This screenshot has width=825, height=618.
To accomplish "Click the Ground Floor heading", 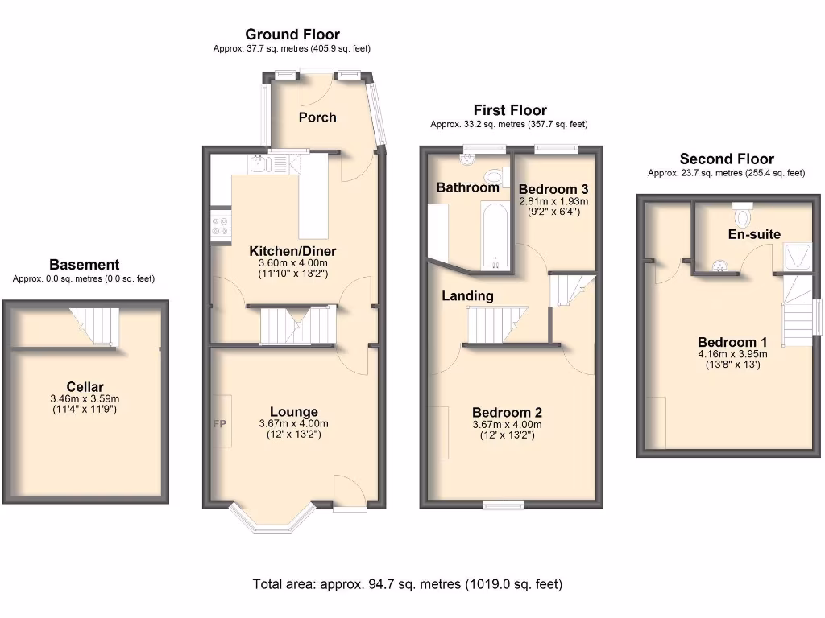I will (292, 35).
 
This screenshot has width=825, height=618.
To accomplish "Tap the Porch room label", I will (317, 117).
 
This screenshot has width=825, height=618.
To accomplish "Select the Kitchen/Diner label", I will (292, 251).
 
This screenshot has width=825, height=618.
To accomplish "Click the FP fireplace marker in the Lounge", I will (218, 423).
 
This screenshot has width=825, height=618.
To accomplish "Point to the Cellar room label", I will (85, 387).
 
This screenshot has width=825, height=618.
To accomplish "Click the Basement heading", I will (84, 265).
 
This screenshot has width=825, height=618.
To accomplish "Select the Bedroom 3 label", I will (553, 189).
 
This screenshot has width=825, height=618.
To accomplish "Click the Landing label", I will (467, 296).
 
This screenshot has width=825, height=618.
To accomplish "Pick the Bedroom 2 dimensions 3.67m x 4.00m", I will (507, 425).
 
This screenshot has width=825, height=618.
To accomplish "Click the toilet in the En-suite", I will (742, 216).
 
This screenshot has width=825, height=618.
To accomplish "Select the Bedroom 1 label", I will (727, 342).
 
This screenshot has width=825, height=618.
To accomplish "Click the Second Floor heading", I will (726, 159).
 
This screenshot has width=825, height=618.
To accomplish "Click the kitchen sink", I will (258, 165).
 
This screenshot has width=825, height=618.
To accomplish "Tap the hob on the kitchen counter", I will (220, 225).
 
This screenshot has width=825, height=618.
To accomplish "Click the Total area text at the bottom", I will (407, 584).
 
